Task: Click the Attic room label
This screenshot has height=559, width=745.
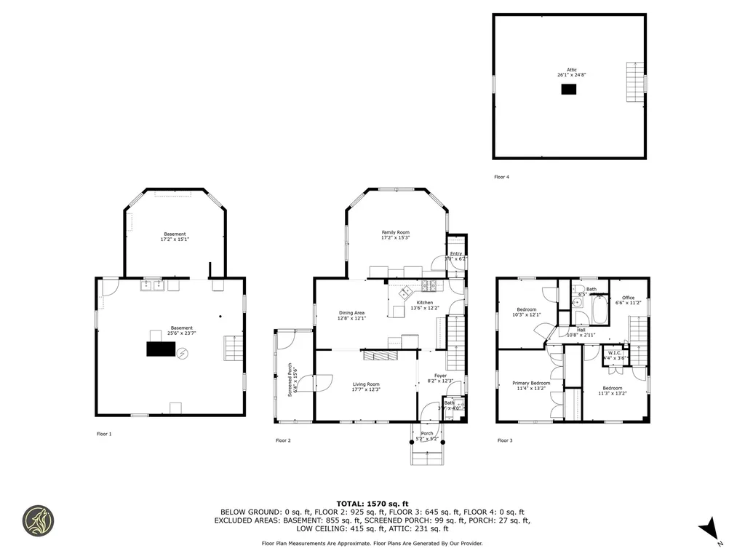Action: (572, 70)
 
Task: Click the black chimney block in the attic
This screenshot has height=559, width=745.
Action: (568, 89)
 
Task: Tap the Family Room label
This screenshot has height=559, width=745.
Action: (395, 232)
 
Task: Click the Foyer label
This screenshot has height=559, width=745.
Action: (440, 376)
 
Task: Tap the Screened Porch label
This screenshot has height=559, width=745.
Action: (290, 378)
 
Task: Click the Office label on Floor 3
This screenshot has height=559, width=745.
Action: (629, 298)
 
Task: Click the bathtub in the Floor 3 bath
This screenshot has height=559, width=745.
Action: (598, 312)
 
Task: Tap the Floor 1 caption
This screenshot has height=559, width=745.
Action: (104, 434)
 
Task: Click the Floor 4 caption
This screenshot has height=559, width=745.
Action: (501, 177)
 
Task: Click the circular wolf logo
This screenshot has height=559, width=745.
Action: (38, 520)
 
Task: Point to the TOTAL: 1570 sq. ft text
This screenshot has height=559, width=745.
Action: (372, 504)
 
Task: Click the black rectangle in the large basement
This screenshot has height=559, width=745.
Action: (160, 349)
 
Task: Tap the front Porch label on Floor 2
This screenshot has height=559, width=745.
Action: (427, 434)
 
